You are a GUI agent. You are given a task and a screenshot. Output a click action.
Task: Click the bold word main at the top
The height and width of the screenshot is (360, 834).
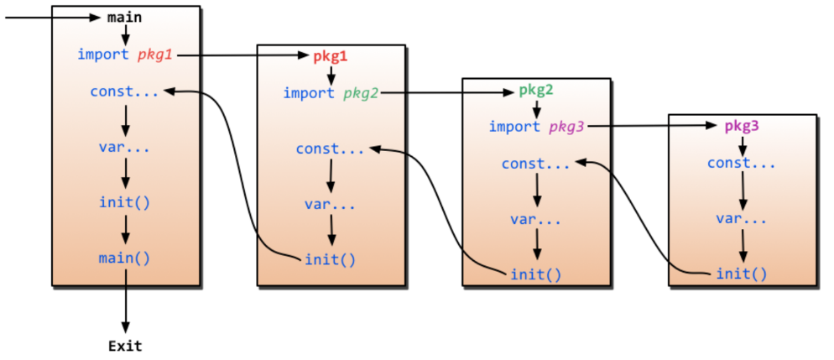click(125, 17)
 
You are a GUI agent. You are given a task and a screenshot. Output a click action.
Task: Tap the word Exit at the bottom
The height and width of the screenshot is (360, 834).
click(125, 345)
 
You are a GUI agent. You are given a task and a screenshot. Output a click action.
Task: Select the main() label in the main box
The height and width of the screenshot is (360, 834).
click(125, 258)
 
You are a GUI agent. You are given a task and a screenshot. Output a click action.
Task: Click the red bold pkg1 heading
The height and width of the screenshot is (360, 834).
click(330, 56)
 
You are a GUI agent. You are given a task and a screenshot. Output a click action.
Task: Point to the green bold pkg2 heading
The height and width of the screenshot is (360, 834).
click(535, 90)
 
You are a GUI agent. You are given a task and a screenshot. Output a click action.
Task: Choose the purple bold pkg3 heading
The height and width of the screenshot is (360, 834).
click(742, 126)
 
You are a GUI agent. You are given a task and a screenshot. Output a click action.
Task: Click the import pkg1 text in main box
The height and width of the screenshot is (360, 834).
click(127, 55)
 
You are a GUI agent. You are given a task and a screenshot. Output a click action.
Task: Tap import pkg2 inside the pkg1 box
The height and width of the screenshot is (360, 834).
click(331, 92)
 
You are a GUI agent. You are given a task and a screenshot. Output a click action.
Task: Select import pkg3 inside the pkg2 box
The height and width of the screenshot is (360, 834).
click(537, 127)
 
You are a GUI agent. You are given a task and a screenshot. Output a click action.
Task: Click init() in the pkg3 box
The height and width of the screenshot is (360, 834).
click(742, 273)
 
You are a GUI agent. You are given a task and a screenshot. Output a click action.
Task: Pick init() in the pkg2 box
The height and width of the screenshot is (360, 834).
click(536, 274)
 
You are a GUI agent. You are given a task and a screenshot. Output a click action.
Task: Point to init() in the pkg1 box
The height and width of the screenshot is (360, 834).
click(330, 258)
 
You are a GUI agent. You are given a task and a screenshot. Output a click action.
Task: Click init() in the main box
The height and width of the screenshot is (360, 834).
click(125, 202)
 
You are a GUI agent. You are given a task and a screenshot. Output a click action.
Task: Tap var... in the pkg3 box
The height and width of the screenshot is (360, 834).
click(742, 218)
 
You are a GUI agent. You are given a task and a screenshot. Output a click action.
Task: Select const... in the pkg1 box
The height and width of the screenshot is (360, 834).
click(330, 149)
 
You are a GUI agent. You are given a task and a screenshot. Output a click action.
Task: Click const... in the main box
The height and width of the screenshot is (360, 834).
click(125, 91)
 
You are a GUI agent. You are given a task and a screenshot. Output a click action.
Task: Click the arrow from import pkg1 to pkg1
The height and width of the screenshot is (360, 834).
click(243, 55)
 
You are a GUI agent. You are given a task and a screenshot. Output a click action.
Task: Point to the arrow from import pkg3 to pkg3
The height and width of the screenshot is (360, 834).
click(654, 127)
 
